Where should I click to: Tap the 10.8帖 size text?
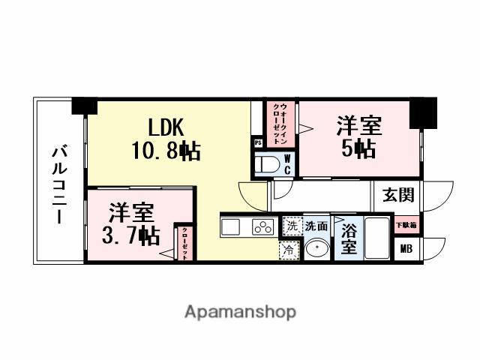tap(166, 151)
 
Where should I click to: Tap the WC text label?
tap(286, 164)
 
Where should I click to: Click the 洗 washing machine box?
tap(291, 225)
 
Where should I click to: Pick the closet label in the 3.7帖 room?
tap(184, 243)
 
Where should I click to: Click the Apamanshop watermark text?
tap(240, 311)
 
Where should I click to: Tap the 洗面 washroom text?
tap(316, 225)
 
